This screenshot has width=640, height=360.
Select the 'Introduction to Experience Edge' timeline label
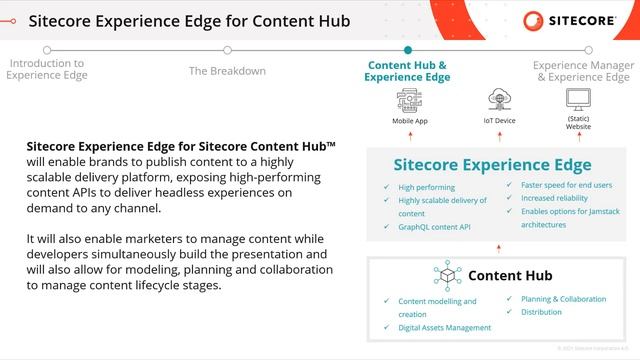pyautogui.click(x=46, y=68)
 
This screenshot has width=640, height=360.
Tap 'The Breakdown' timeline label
pyautogui.click(x=227, y=71)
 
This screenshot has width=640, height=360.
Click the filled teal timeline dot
pyautogui.click(x=407, y=49)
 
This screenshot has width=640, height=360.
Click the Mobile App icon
pyautogui.click(x=409, y=100)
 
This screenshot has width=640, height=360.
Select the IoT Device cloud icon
pyautogui.click(x=499, y=100)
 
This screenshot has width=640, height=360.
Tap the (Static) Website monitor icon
pyautogui.click(x=578, y=99)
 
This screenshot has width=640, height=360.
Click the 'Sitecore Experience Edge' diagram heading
pyautogui.click(x=492, y=165)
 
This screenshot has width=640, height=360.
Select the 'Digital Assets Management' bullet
pyautogui.click(x=445, y=327)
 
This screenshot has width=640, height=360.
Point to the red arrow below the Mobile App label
pyautogui.click(x=409, y=136)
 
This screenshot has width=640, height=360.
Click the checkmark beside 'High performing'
pyautogui.click(x=387, y=187)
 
